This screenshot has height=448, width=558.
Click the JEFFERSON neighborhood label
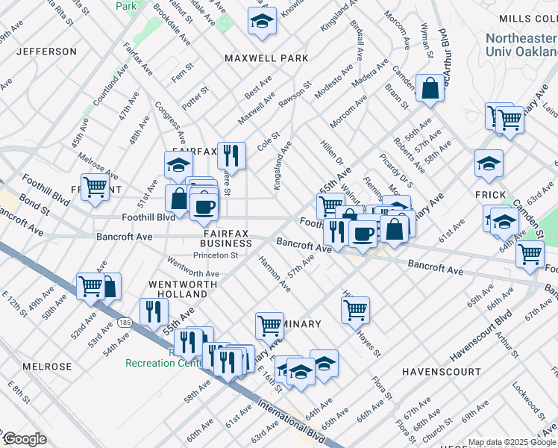coord(46,52)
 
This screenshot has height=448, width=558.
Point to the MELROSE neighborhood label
coord(47,367)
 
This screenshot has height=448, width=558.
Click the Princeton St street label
coord(216,255)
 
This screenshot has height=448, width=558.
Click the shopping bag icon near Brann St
coord(430,89)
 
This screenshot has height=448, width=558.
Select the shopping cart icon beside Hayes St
coord(355,307)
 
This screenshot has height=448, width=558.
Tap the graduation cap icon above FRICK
coord(489,164)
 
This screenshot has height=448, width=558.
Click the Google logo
coord(25,439)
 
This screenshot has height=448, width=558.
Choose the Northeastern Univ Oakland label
coord(521,45)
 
